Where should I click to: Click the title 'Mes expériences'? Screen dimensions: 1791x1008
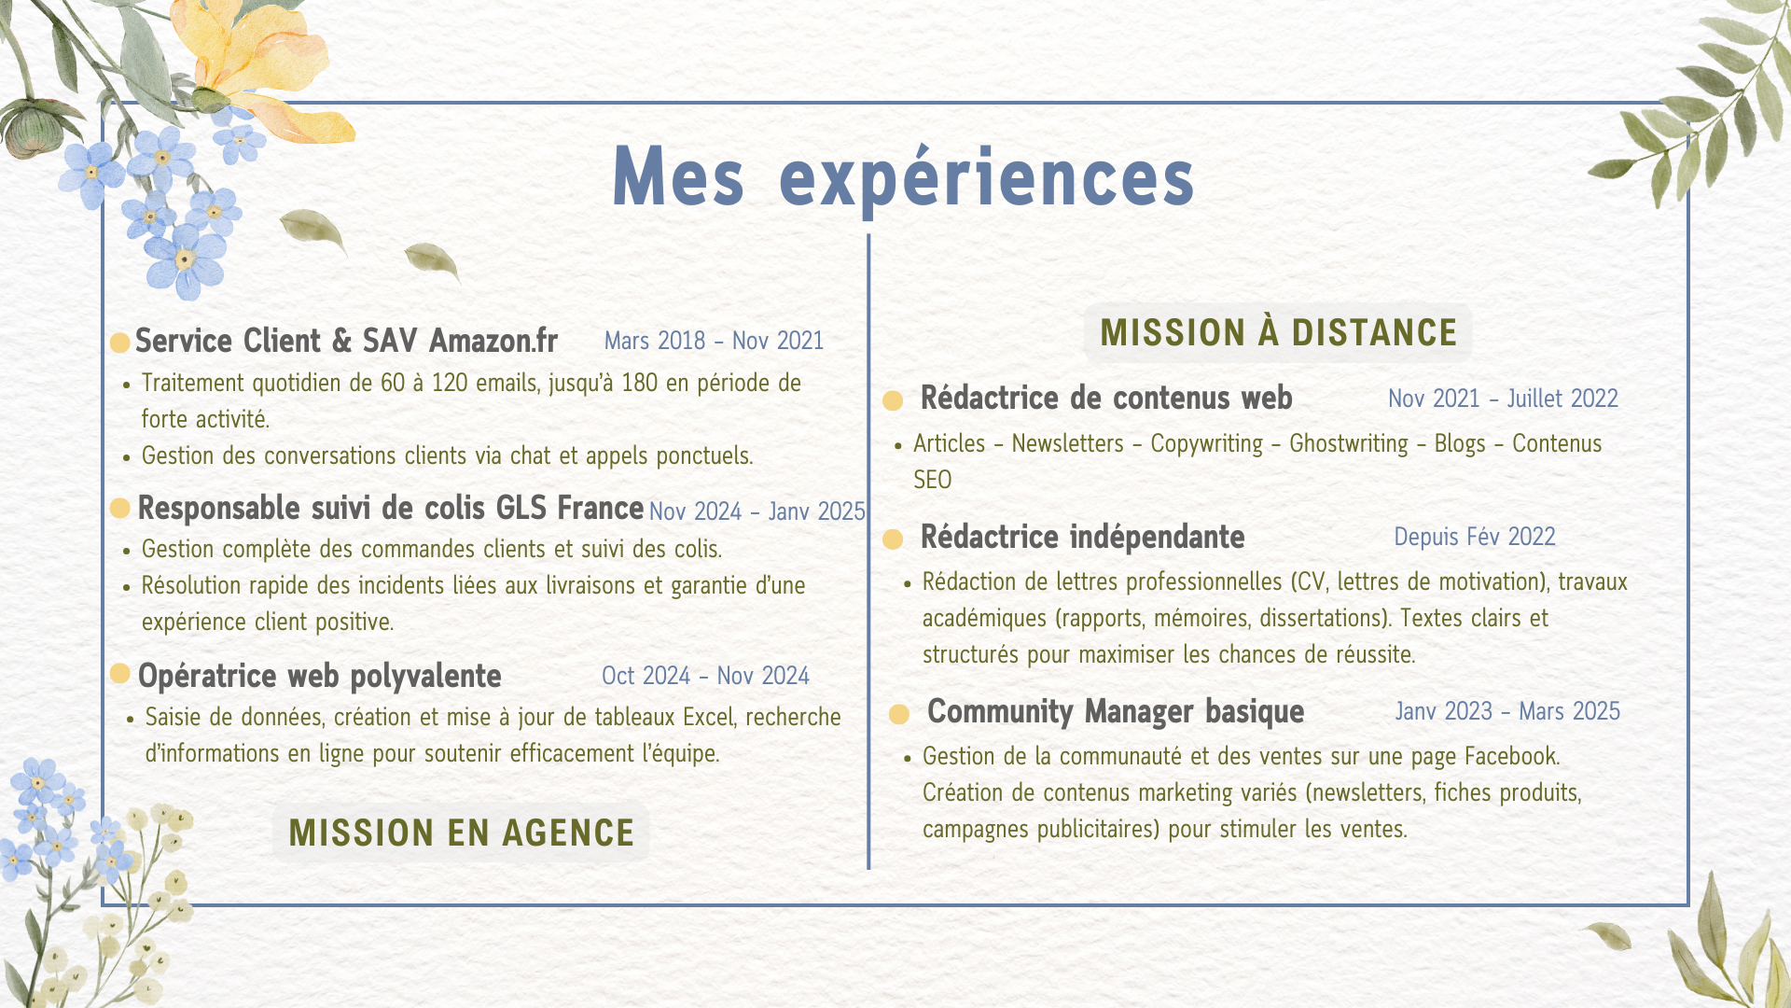(903, 177)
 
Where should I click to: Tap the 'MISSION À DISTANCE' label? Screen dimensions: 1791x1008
(1278, 333)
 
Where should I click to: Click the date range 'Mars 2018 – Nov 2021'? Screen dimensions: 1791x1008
(714, 341)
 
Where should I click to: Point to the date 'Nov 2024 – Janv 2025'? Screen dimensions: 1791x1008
(757, 511)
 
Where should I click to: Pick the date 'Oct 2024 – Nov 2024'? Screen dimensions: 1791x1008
(705, 676)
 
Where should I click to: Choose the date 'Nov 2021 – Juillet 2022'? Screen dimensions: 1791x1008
(1503, 399)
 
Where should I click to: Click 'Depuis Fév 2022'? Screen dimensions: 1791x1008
(1475, 537)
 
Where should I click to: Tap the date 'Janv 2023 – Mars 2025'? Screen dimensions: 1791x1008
(1507, 711)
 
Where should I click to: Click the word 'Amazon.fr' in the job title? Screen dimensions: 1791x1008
(493, 341)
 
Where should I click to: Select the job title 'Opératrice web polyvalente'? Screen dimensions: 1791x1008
(319, 676)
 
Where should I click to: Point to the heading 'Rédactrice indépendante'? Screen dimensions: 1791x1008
(1082, 537)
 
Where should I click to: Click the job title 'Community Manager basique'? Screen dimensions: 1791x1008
(1116, 711)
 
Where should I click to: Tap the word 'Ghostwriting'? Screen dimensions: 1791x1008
(1348, 443)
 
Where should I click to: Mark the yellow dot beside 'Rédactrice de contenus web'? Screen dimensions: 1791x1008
(893, 400)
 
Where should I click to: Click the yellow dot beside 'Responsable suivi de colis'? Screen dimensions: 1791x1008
(119, 508)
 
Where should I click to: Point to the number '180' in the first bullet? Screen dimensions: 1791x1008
(639, 383)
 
